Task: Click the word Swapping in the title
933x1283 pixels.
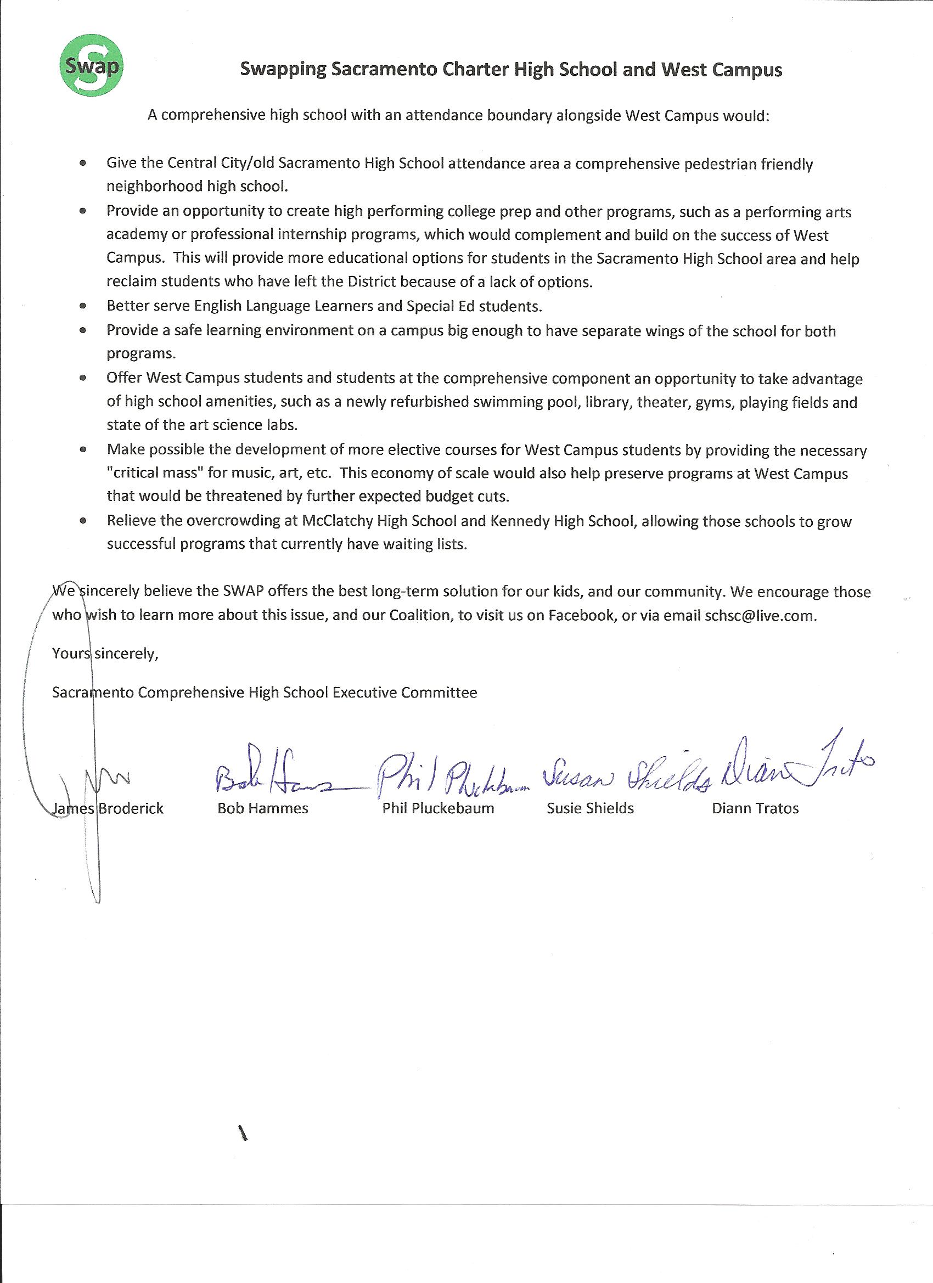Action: pyautogui.click(x=283, y=70)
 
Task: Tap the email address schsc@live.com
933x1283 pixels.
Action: pyautogui.click(x=760, y=616)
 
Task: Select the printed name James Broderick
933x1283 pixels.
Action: pyautogui.click(x=108, y=808)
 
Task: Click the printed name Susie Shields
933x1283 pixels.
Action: pyautogui.click(x=590, y=808)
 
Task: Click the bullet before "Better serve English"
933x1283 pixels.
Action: pyautogui.click(x=83, y=307)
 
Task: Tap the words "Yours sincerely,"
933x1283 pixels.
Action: pyautogui.click(x=105, y=654)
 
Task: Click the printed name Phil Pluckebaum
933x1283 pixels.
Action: pyautogui.click(x=438, y=808)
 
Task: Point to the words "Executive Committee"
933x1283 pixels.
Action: pyautogui.click(x=404, y=693)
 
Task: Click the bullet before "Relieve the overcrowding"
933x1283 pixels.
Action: pyautogui.click(x=83, y=521)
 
